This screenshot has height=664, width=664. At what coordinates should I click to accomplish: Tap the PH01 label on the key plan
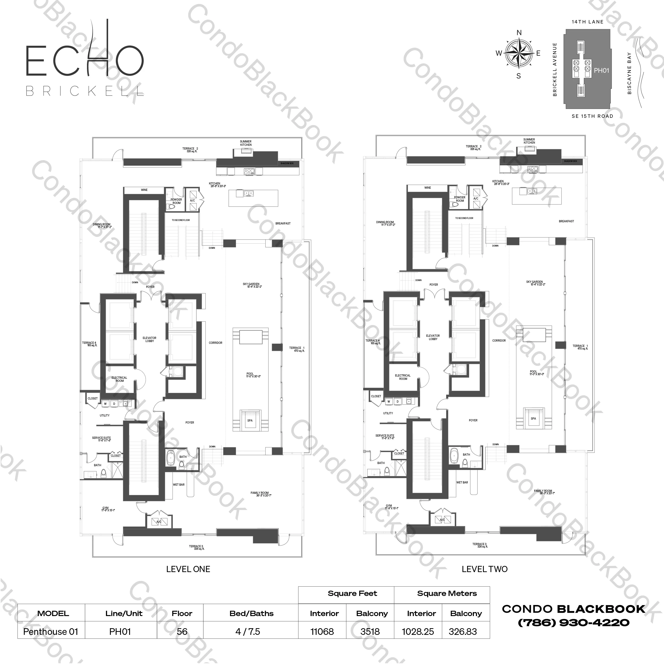pyautogui.click(x=602, y=70)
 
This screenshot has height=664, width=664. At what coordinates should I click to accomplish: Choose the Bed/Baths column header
pyautogui.click(x=251, y=613)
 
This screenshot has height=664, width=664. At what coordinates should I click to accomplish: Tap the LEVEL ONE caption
pyautogui.click(x=188, y=569)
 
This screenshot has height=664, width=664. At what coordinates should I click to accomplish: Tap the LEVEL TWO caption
pyautogui.click(x=484, y=569)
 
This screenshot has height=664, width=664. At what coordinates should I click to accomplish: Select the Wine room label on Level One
pyautogui.click(x=144, y=190)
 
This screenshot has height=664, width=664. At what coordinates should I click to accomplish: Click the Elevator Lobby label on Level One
pyautogui.click(x=149, y=339)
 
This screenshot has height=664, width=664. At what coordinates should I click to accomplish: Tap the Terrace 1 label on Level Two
pyautogui.click(x=580, y=347)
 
